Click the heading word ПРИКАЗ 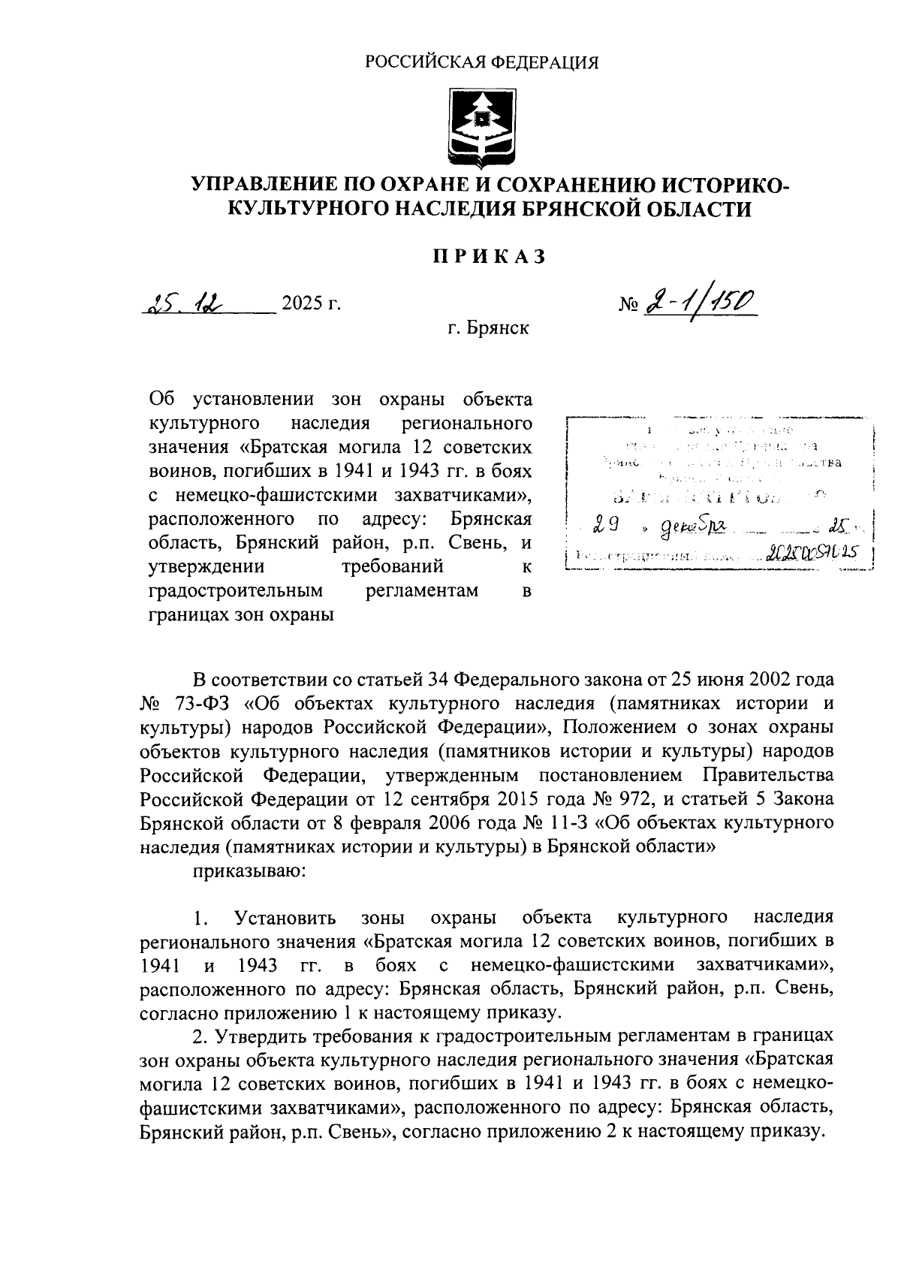pyautogui.click(x=488, y=256)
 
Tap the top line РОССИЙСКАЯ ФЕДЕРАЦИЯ pyautogui.click(x=481, y=62)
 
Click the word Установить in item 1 pyautogui.click(x=285, y=918)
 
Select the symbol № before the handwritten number pyautogui.click(x=628, y=304)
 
